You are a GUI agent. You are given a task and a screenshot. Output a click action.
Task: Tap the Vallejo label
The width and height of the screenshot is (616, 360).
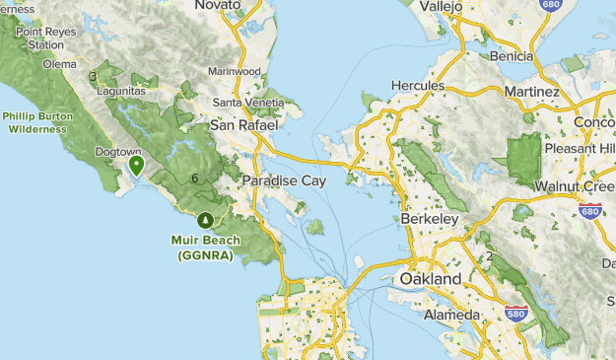pyautogui.click(x=441, y=6)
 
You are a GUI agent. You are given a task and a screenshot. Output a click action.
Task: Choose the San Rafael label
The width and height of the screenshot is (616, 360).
pyautogui.click(x=244, y=125)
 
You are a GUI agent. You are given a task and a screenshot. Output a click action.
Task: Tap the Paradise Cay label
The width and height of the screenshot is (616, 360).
pyautogui.click(x=284, y=181)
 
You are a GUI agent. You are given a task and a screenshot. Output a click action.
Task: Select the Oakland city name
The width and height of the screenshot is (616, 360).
pyautogui.click(x=430, y=280)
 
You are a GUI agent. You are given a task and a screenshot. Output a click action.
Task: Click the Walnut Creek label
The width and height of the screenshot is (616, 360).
pyautogui.click(x=574, y=186)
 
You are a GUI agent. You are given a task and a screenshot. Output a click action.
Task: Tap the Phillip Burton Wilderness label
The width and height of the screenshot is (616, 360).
pyautogui.click(x=34, y=121)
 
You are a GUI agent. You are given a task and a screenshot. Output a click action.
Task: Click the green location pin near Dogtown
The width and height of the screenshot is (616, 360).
pyautogui.click(x=137, y=165)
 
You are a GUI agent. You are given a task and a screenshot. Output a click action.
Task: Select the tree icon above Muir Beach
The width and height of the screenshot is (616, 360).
pyautogui.click(x=205, y=220)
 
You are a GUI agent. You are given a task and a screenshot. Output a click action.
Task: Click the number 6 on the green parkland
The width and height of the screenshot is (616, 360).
pyautogui.click(x=195, y=179)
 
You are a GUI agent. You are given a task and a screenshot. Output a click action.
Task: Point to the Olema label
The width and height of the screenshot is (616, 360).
pyautogui.click(x=59, y=64)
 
